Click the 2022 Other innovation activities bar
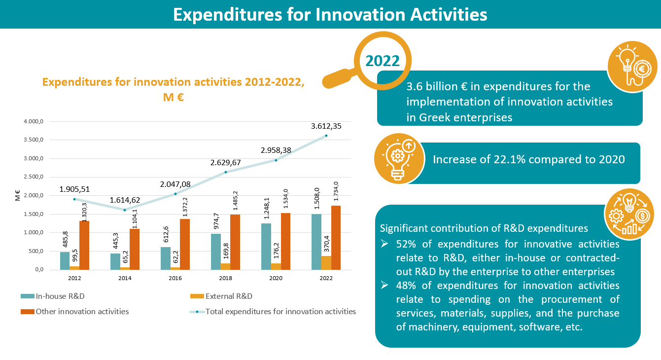click(x=336, y=238)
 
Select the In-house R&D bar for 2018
click(x=215, y=252)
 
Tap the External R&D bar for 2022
click(x=326, y=263)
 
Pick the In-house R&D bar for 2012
click(x=65, y=261)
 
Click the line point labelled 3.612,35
click(x=326, y=136)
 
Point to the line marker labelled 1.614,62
click(x=125, y=210)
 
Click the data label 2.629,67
click(x=226, y=162)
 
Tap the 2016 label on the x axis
click(x=175, y=278)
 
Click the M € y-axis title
click(x=18, y=196)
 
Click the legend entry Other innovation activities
click(x=82, y=311)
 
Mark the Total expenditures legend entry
click(x=280, y=311)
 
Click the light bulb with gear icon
click(x=399, y=158)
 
